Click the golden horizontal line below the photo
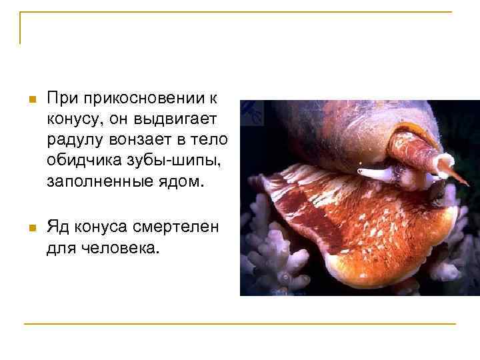[240, 324]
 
